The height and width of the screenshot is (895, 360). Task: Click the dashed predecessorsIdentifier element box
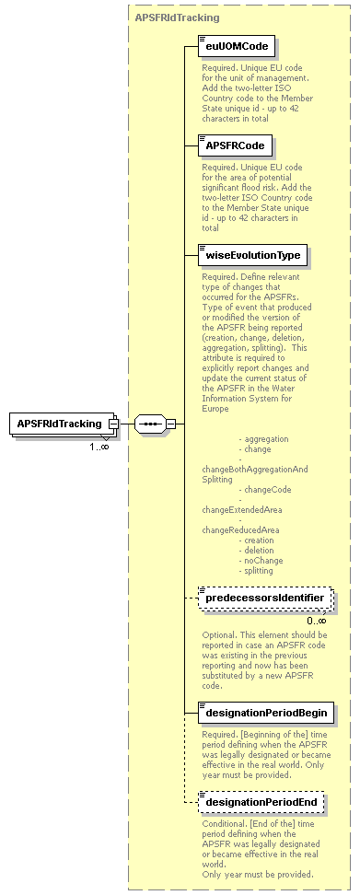coord(264,599)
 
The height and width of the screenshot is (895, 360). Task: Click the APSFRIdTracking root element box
coord(59,424)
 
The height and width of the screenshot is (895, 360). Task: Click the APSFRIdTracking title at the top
coord(177,17)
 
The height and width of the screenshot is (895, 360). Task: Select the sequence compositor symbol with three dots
coord(149,424)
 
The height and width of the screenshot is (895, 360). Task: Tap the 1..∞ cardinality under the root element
coord(99,447)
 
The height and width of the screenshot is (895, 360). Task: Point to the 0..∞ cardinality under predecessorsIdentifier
coord(317,620)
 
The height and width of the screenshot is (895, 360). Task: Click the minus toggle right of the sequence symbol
coord(170,424)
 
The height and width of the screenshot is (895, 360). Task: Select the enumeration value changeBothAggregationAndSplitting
coord(255,474)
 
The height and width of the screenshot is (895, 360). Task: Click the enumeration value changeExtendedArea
coord(241,509)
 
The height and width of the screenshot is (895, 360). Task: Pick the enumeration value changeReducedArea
coord(239,530)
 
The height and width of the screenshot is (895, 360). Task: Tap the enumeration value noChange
coord(262,561)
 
